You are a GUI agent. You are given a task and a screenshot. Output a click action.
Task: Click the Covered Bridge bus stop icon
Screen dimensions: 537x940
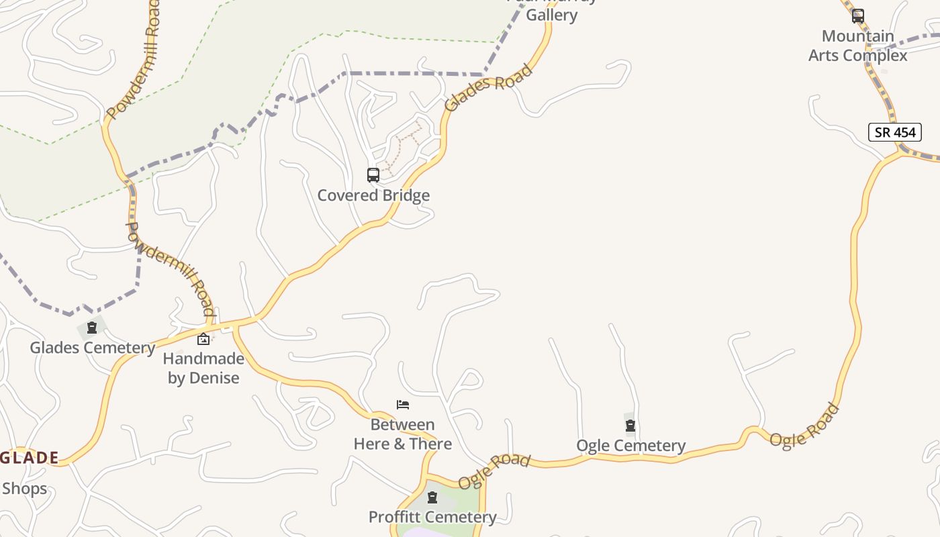[373, 175]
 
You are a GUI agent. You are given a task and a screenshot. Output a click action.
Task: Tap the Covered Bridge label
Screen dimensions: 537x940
[373, 195]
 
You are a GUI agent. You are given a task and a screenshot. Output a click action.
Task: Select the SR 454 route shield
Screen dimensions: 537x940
[894, 132]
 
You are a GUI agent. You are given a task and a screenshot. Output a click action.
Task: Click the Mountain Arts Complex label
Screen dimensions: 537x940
[857, 46]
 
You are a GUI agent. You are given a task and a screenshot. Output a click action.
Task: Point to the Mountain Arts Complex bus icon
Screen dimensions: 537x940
[857, 16]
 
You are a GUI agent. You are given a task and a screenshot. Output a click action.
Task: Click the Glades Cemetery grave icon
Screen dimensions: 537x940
[92, 328]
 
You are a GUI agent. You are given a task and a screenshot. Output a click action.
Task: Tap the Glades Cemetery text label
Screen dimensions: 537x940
[93, 348]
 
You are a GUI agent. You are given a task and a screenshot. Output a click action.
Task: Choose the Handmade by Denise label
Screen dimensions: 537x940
[203, 368]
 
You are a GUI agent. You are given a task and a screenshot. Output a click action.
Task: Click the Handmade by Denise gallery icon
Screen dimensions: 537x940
[203, 339]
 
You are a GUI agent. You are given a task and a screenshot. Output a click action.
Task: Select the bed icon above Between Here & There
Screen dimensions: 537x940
[403, 405]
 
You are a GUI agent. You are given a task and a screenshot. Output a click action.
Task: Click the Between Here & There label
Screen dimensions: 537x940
[403, 434]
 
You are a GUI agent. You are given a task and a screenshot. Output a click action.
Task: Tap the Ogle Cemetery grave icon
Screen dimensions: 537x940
[630, 426]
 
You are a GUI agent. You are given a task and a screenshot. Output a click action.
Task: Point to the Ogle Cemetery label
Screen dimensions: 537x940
[631, 446]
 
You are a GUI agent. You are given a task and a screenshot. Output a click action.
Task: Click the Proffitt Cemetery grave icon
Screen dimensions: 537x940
[432, 497]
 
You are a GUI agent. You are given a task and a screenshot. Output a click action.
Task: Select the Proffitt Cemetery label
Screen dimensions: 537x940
[432, 517]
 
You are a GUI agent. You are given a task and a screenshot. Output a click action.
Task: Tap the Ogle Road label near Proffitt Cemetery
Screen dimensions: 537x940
[494, 471]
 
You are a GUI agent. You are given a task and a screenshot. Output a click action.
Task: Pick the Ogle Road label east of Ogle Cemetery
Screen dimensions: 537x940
[804, 426]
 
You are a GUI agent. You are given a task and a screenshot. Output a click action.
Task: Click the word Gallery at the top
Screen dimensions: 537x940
[552, 15]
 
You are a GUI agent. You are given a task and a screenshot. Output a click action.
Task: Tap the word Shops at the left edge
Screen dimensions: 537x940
[24, 488]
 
